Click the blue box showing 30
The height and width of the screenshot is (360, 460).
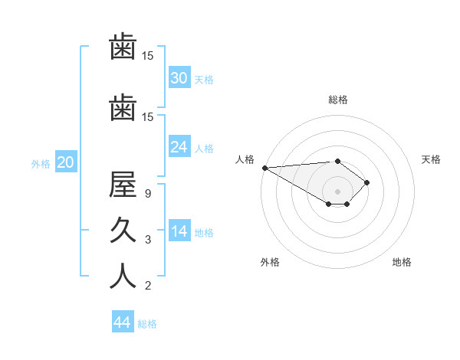(179, 77)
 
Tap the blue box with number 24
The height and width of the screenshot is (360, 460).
(179, 147)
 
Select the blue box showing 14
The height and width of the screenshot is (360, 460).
(179, 231)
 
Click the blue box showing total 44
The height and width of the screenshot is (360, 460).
(122, 322)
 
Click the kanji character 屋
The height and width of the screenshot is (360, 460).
(123, 184)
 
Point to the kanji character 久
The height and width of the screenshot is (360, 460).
(123, 230)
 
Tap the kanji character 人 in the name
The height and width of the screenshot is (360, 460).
(123, 276)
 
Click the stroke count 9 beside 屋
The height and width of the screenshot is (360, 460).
(148, 194)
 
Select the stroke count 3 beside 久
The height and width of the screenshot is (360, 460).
(148, 240)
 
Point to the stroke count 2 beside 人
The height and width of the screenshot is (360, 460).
(148, 286)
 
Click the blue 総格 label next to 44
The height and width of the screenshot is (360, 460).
(147, 324)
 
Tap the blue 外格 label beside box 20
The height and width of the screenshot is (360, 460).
(41, 163)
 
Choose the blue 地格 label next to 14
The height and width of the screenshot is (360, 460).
(204, 233)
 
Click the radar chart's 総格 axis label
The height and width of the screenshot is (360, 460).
(337, 100)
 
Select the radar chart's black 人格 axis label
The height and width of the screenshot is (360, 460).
(245, 159)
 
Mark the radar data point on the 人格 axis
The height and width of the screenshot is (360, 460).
(264, 167)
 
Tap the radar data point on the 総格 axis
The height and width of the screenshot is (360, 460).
(337, 161)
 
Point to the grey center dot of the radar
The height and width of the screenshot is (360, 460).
(337, 191)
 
